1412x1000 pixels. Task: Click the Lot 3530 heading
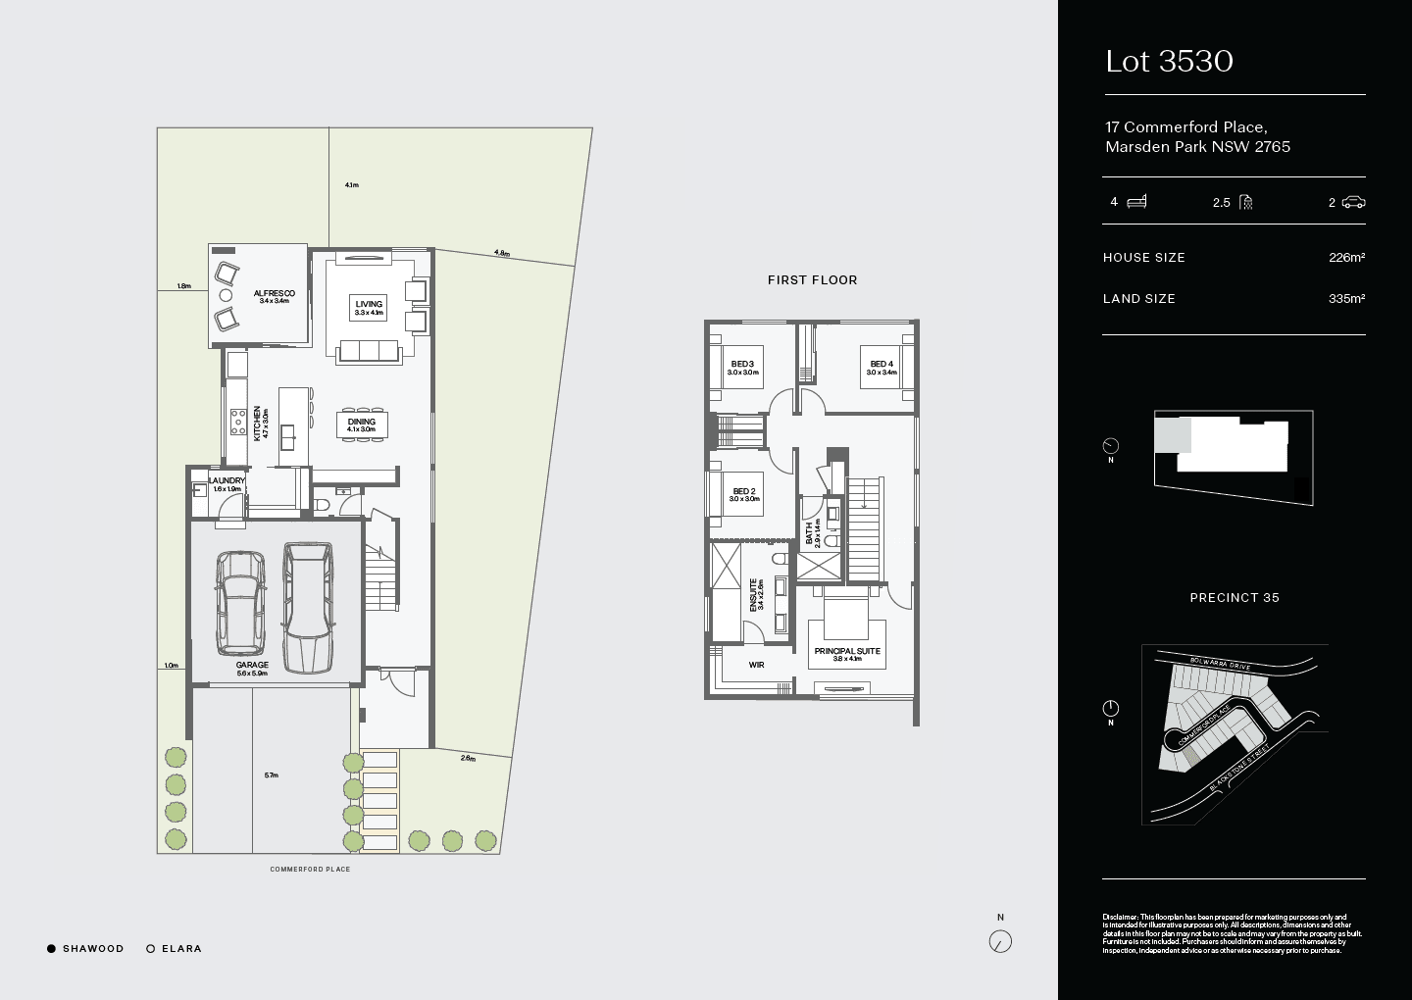pyautogui.click(x=1169, y=62)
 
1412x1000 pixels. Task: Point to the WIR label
pyautogui.click(x=756, y=665)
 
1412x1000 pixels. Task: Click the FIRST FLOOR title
pyautogui.click(x=812, y=280)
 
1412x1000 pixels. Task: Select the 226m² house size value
pyautogui.click(x=1346, y=258)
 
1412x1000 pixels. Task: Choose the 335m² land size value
pyautogui.click(x=1346, y=299)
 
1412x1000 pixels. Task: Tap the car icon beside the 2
pyautogui.click(x=1354, y=202)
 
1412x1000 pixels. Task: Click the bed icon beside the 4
pyautogui.click(x=1136, y=202)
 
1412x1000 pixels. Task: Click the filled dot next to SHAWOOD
pyautogui.click(x=51, y=949)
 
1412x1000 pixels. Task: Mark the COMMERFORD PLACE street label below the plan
pyautogui.click(x=310, y=870)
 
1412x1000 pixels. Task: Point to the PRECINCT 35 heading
pyautogui.click(x=1234, y=598)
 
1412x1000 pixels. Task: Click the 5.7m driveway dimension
pyautogui.click(x=271, y=775)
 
